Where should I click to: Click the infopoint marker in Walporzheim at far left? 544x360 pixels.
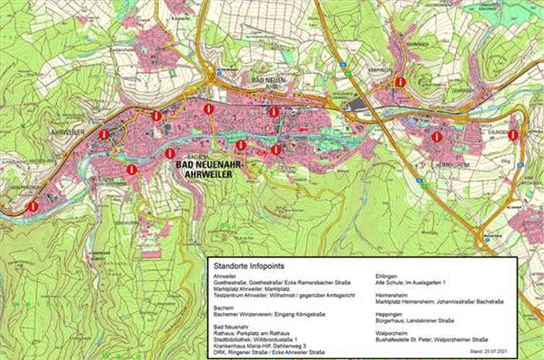click(x=33, y=206)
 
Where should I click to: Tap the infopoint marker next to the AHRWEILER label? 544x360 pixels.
click(x=104, y=134)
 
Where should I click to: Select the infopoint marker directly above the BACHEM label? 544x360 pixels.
click(x=170, y=153)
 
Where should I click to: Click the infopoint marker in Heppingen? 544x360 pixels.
click(x=400, y=82)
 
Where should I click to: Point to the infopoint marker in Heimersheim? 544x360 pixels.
click(x=436, y=136)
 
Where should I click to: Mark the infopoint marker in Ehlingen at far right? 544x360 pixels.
click(x=513, y=135)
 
